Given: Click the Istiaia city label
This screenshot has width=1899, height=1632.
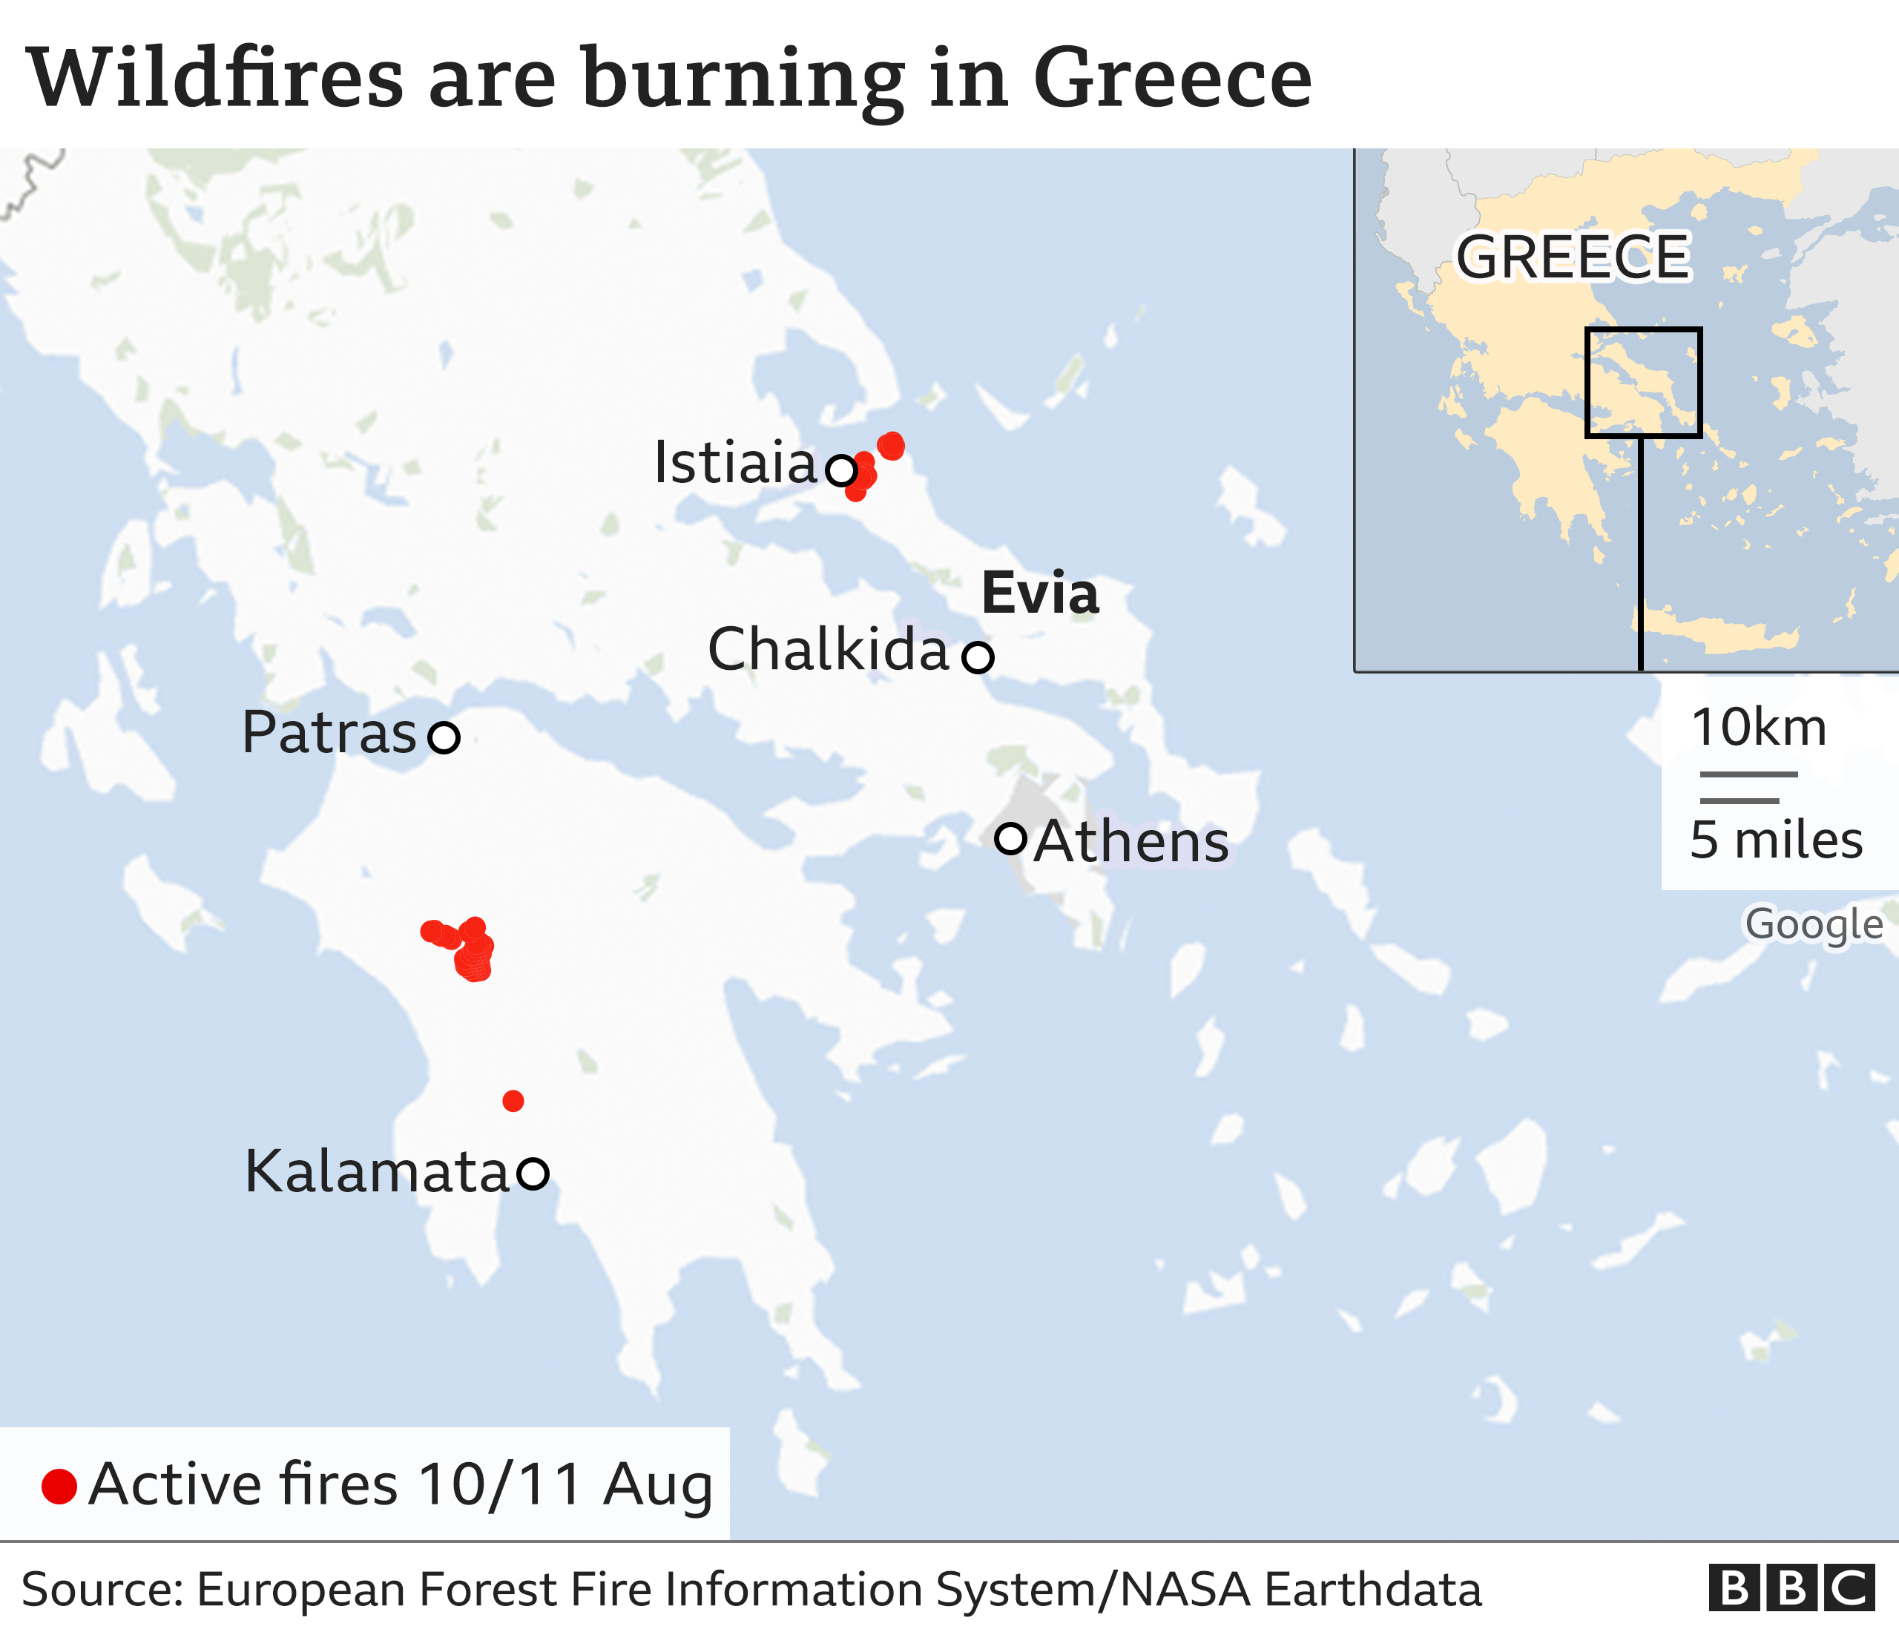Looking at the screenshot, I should click(x=734, y=463).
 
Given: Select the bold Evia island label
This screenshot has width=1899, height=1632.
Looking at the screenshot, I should click(x=1039, y=593).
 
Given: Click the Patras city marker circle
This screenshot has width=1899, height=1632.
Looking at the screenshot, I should click(x=444, y=737).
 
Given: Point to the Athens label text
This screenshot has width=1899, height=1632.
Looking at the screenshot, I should click(x=1132, y=841).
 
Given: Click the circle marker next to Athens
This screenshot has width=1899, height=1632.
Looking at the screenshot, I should click(x=1010, y=838).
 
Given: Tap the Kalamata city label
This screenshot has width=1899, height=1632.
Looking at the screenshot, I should click(x=376, y=1171).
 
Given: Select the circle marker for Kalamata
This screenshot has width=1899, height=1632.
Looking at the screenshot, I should click(x=533, y=1173).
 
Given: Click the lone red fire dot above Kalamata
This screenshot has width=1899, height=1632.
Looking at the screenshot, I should click(x=513, y=1101).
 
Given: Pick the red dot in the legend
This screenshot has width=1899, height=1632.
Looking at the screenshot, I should click(x=59, y=1487).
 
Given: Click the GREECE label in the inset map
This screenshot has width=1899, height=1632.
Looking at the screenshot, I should click(x=1573, y=257).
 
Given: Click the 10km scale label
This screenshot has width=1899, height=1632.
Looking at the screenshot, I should click(x=1759, y=728).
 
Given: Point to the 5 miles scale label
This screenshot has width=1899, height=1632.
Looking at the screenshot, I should click(x=1775, y=839).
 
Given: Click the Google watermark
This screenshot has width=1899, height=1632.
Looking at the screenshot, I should click(x=1813, y=924).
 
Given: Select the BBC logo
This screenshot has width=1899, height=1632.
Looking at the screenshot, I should click(x=1791, y=1588).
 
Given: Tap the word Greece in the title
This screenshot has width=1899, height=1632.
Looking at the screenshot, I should click(x=1172, y=78).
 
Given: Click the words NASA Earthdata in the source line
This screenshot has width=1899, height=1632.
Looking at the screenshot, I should click(x=1300, y=1590).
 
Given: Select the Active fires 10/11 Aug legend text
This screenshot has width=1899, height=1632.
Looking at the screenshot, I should click(x=401, y=1484).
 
